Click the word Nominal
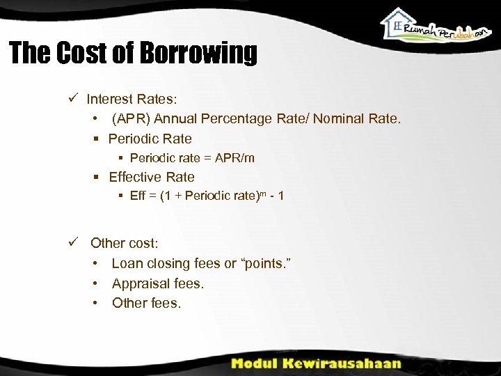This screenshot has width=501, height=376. tap(340, 119)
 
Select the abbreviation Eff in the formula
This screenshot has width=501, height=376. tap(138, 196)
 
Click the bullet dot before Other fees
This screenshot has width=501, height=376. tap(95, 303)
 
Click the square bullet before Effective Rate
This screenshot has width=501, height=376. tap(97, 178)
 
